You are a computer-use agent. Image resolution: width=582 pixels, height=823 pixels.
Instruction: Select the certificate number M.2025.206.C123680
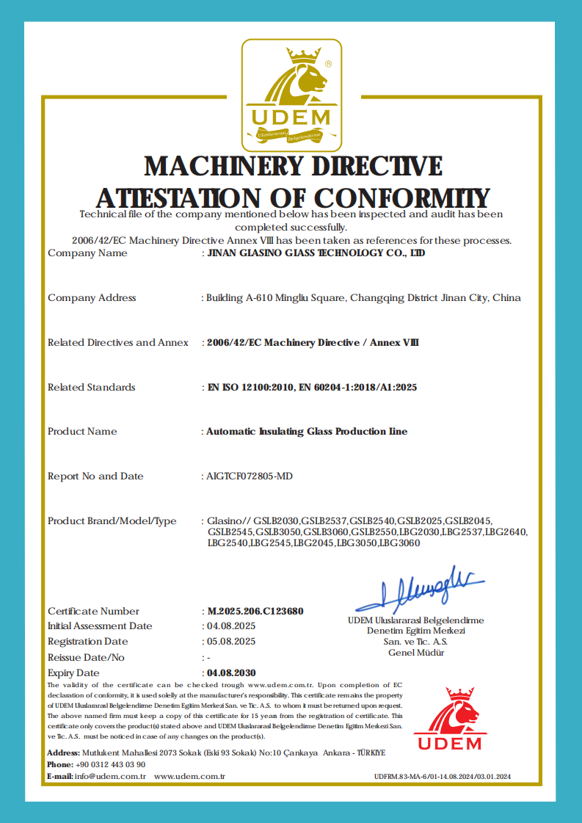255,611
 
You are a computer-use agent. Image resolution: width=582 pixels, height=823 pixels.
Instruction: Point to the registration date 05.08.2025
231,642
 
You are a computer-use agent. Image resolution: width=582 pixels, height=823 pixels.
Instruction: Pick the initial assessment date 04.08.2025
231,626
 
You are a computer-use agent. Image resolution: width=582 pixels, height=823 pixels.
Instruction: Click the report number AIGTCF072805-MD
250,476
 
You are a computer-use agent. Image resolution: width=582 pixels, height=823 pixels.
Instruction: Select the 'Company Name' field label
87,253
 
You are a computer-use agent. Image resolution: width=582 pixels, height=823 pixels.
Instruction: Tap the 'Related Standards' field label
92,387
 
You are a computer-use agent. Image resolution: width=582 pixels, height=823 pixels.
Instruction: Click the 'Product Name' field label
82,432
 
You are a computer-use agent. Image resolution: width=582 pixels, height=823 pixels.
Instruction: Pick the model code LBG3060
400,543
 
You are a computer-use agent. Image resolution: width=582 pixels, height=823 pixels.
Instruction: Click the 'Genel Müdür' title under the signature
415,653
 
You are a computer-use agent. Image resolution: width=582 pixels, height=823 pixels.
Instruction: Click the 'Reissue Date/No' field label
86,657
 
